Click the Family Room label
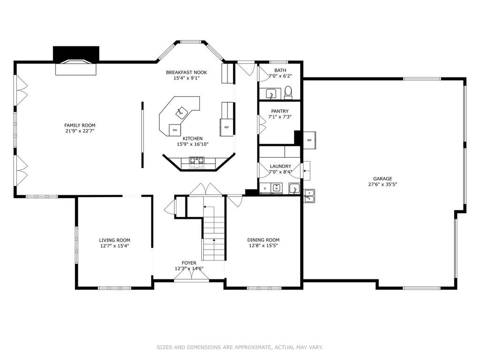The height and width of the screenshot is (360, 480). [x=80, y=125]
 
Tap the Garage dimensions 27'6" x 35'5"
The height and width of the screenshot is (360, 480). [x=382, y=184]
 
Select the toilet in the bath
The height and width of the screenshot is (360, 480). [x=288, y=93]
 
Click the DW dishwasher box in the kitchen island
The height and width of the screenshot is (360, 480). [x=175, y=130]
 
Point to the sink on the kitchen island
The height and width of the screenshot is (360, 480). [x=181, y=112]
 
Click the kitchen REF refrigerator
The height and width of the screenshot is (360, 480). [x=227, y=127]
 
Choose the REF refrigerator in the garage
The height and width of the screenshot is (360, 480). [x=309, y=140]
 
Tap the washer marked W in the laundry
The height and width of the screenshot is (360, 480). [x=277, y=188]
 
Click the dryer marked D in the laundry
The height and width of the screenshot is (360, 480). [x=265, y=188]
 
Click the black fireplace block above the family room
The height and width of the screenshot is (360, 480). [x=76, y=54]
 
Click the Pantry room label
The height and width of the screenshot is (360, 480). [x=280, y=111]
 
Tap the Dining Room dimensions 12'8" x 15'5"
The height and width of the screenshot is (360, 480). [x=263, y=245]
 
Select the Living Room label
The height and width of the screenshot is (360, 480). [x=114, y=240]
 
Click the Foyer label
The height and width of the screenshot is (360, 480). [x=189, y=263]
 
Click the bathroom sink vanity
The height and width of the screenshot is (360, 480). [x=270, y=94]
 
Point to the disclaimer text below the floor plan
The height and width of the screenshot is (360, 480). [x=240, y=347]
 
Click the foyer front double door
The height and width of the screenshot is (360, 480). [x=191, y=275]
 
